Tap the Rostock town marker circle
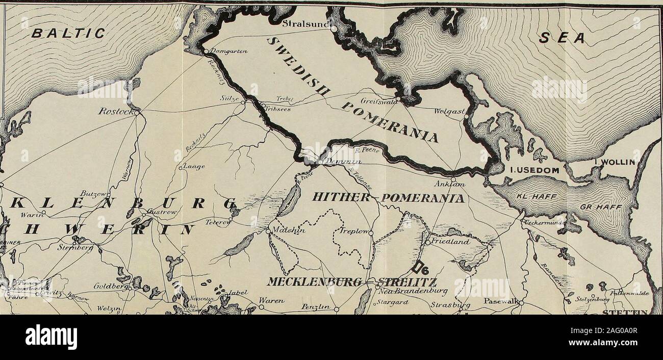(137, 113)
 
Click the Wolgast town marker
(466, 117)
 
